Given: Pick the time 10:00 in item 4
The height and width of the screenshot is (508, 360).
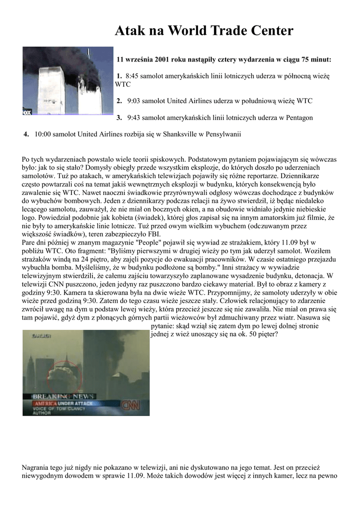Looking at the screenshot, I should (x=43, y=134).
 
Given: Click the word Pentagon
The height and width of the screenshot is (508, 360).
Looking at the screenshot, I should (x=296, y=118).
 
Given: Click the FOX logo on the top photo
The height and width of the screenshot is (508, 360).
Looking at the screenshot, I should (x=27, y=112).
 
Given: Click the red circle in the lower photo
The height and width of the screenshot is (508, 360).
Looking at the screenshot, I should (x=64, y=377).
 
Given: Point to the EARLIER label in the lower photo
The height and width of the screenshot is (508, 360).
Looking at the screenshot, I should (x=41, y=336).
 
